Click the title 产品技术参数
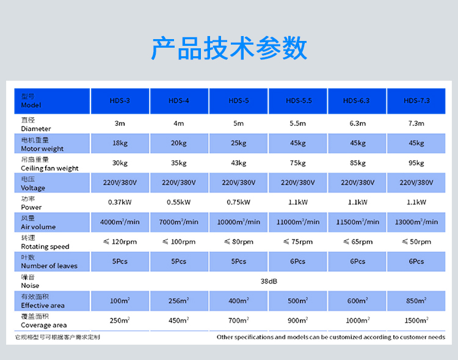(x=229, y=49)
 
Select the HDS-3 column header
(x=120, y=100)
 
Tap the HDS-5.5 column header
(x=298, y=100)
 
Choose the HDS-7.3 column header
(x=416, y=100)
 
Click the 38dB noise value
(x=268, y=281)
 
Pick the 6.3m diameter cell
(x=357, y=123)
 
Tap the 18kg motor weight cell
(x=120, y=143)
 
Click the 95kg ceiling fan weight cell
(x=416, y=163)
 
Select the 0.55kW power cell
(x=179, y=202)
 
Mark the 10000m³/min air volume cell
(x=238, y=222)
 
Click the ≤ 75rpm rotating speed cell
(x=298, y=241)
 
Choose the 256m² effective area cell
(x=179, y=301)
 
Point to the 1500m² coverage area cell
(x=416, y=320)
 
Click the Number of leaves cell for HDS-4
(x=179, y=261)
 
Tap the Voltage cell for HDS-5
(x=238, y=183)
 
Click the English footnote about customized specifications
(x=331, y=337)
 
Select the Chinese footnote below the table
(x=57, y=337)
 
